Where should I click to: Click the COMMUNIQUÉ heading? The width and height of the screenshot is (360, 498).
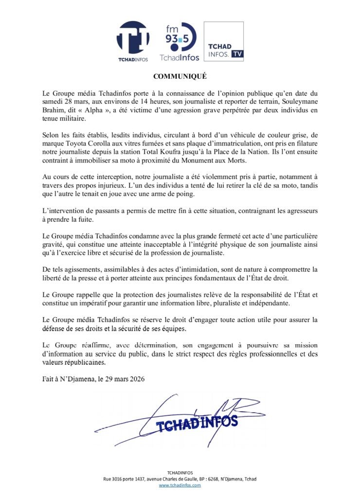(180, 76)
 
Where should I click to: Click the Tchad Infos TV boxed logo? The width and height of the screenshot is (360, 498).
(223, 41)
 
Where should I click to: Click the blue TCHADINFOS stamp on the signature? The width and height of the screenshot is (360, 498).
(197, 424)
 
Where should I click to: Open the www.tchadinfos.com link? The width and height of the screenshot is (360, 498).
(180, 486)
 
